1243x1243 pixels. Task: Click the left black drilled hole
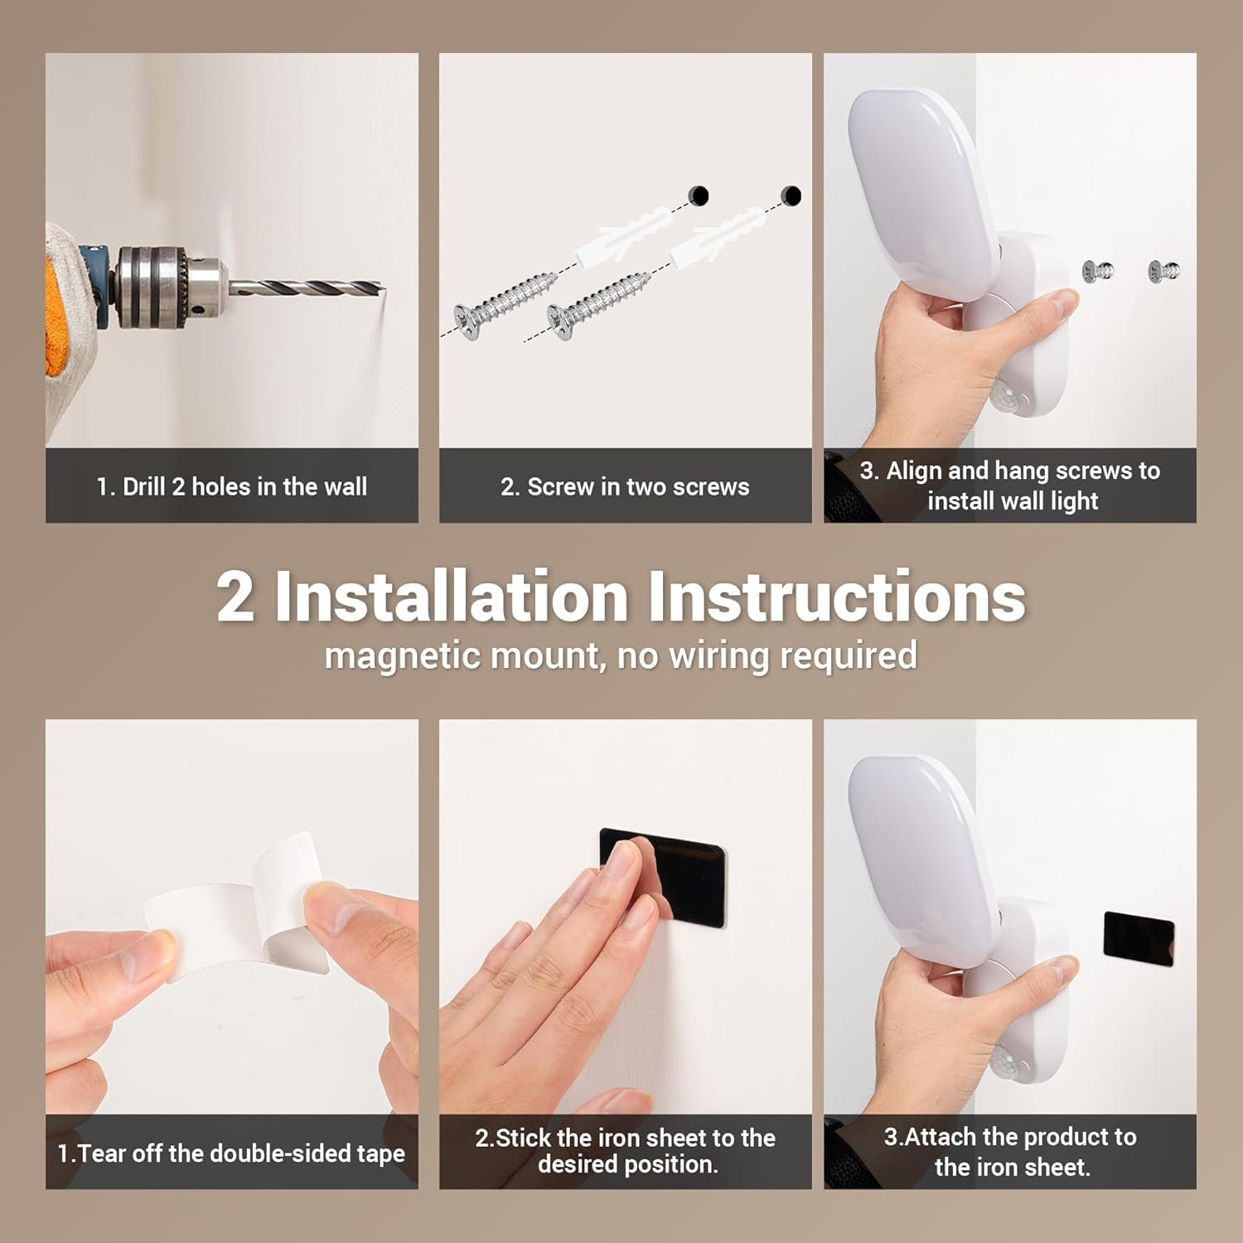[x=699, y=196]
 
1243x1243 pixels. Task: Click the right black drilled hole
[x=791, y=196]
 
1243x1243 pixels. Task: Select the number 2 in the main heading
[x=235, y=597]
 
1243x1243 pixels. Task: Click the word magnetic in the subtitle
[x=390, y=655]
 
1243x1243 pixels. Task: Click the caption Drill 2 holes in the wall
[x=231, y=486]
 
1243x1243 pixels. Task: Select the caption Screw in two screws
[x=625, y=486]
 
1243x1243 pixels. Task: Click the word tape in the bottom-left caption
[x=380, y=1154]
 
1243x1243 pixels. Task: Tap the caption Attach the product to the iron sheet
[x=1010, y=1151]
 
